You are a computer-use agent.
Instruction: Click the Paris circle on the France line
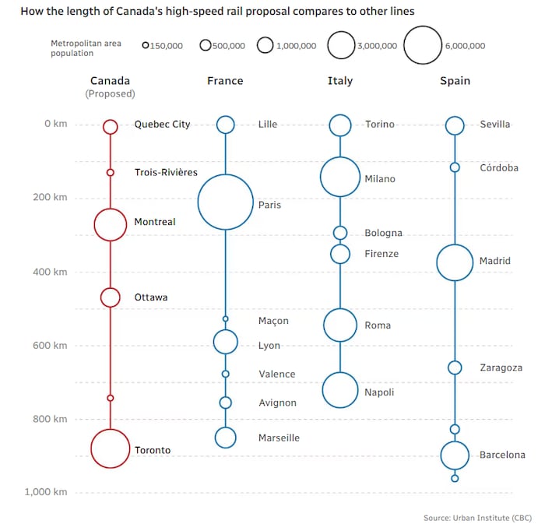(225, 202)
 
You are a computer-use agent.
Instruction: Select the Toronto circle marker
(110, 448)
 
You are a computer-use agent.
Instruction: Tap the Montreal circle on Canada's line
(110, 224)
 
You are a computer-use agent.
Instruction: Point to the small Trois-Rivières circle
(110, 172)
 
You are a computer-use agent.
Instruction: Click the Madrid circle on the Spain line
(455, 262)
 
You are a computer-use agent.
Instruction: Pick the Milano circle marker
(340, 177)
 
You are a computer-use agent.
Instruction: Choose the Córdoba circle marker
(455, 167)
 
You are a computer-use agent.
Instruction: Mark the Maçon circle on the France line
(225, 318)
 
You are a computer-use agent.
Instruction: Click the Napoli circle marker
(340, 390)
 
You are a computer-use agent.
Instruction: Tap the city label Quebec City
(162, 125)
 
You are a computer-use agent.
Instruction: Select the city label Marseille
(279, 438)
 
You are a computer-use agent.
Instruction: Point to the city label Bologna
(383, 233)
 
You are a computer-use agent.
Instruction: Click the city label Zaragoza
(501, 367)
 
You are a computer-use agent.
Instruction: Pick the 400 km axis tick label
(51, 272)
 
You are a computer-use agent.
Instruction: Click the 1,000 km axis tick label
(46, 492)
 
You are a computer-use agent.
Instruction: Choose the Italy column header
(340, 81)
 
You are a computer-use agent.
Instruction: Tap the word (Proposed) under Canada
(110, 94)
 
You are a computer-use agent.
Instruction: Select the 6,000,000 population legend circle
(423, 45)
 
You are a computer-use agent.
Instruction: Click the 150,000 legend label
(166, 46)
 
